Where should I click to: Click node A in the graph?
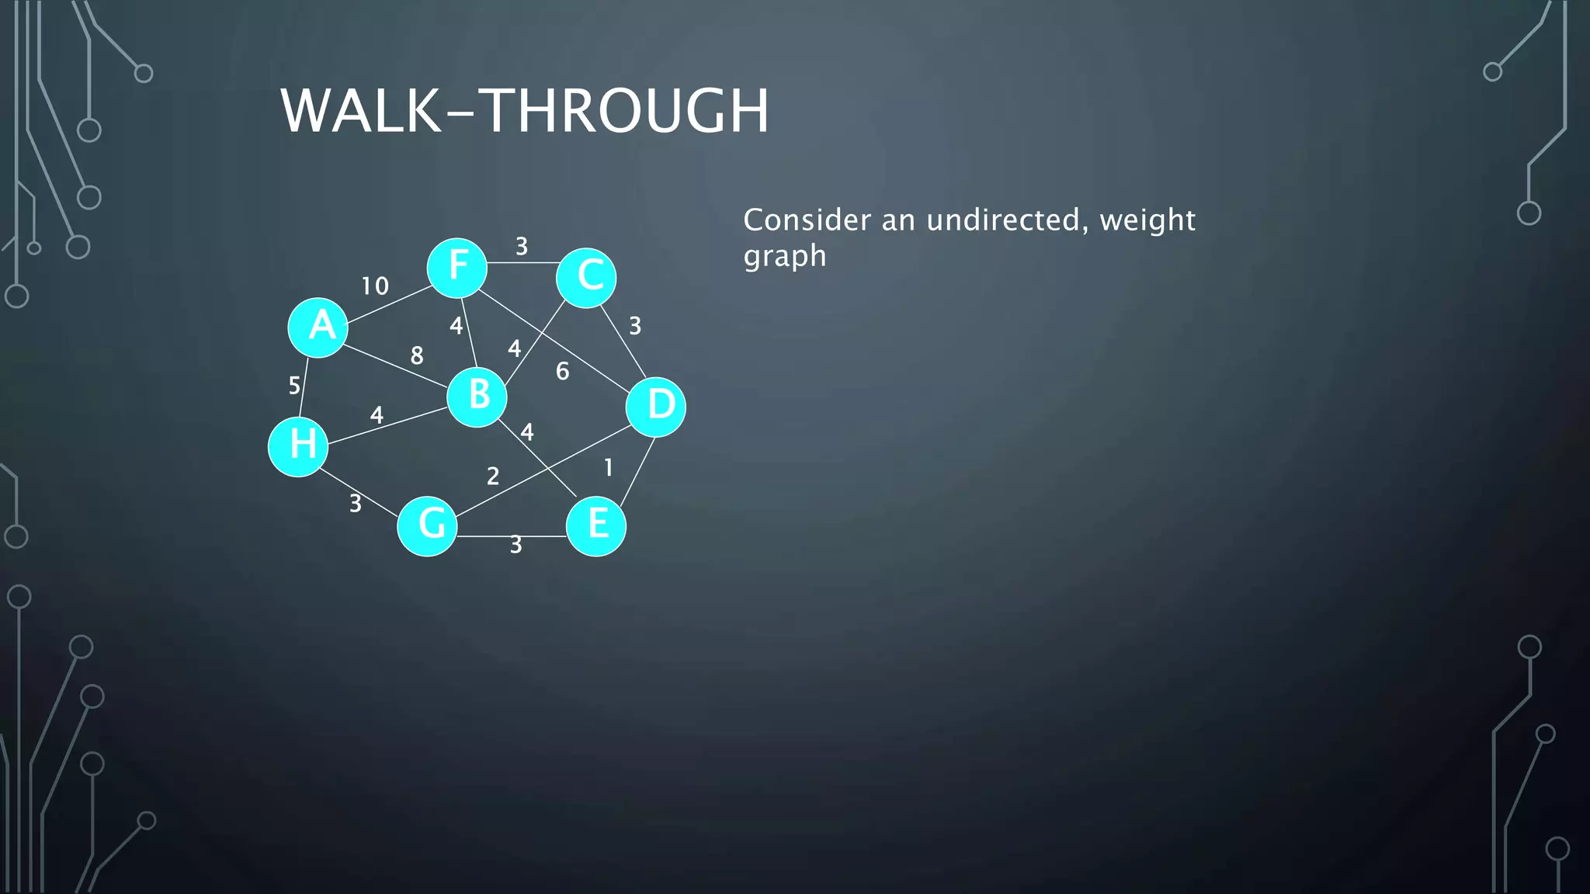tap(318, 327)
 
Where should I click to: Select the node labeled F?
tap(457, 268)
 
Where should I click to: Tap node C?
tap(586, 278)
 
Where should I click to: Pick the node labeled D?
tap(656, 407)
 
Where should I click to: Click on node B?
tap(477, 397)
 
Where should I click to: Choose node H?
tap(298, 446)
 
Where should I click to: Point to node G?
tap(427, 526)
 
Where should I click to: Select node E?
tap(596, 526)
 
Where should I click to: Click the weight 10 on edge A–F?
tap(375, 286)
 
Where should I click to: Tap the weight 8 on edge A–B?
tap(417, 355)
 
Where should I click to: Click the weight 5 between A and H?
tap(294, 386)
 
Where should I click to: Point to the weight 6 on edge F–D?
tap(563, 372)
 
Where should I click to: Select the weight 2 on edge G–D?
tap(493, 476)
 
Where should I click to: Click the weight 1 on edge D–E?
tap(609, 467)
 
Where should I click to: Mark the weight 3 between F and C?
tap(522, 247)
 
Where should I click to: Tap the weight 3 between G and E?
tap(516, 546)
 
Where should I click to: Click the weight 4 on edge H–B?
tap(377, 415)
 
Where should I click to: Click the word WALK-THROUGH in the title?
tap(525, 111)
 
